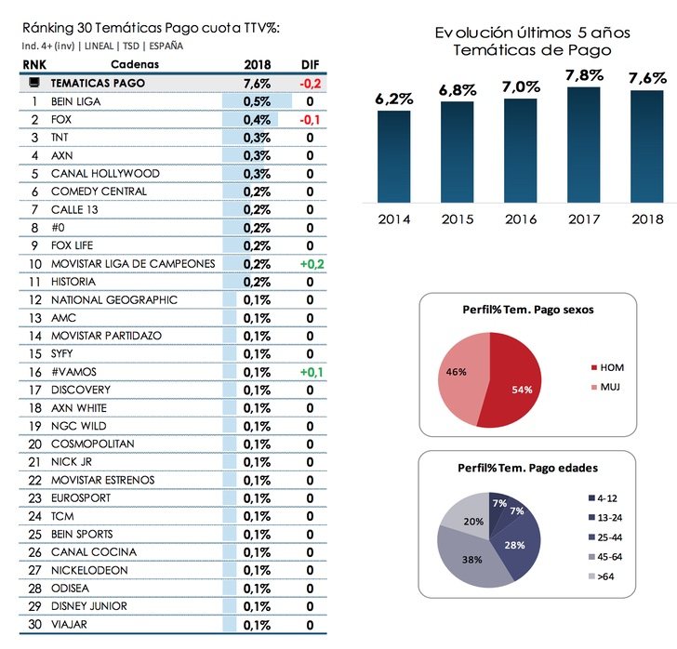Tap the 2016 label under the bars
521,219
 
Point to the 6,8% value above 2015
458,90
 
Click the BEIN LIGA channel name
75,101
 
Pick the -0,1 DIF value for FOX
310,119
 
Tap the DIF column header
309,64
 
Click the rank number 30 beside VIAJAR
34,625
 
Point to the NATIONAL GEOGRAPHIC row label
113,300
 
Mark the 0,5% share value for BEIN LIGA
257,101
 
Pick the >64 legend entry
606,577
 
